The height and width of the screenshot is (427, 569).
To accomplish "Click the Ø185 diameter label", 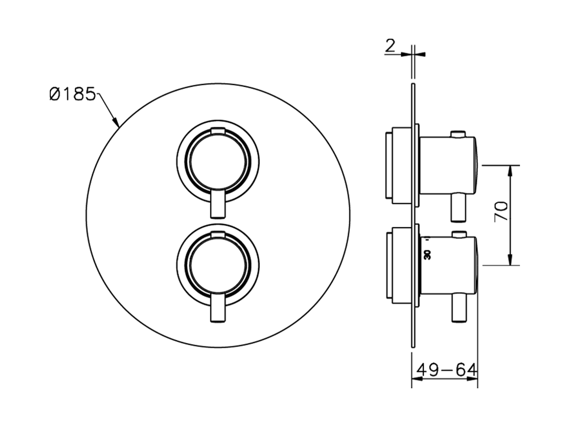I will (x=72, y=95).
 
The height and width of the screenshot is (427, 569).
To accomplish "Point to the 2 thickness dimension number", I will (x=390, y=46).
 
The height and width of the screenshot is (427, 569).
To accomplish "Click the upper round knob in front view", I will (x=218, y=162).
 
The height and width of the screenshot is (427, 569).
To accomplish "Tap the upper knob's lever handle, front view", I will (x=218, y=205).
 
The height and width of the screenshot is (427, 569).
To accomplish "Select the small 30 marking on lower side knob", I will (x=428, y=254).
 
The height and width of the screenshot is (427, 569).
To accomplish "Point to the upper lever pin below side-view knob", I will (x=458, y=208).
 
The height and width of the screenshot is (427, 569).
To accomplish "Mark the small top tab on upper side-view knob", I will (x=458, y=133).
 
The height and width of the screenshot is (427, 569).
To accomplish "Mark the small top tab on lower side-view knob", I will (x=458, y=234).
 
